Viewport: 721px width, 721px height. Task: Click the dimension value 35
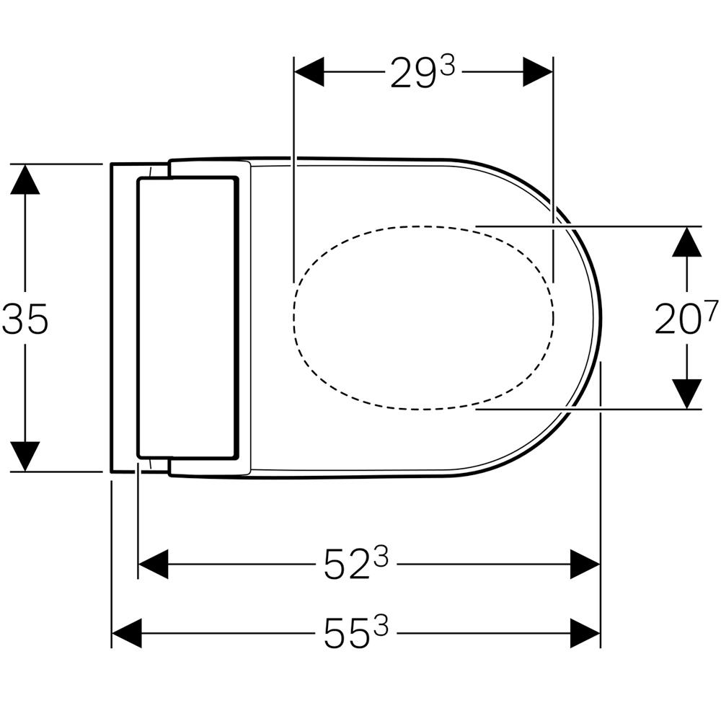(x=25, y=319)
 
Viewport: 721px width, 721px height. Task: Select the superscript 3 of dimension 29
(x=446, y=68)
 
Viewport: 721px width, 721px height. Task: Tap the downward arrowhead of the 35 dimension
(x=25, y=456)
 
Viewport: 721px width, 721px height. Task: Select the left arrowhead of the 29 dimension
(x=309, y=71)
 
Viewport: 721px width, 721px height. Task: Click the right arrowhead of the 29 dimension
(x=538, y=71)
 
